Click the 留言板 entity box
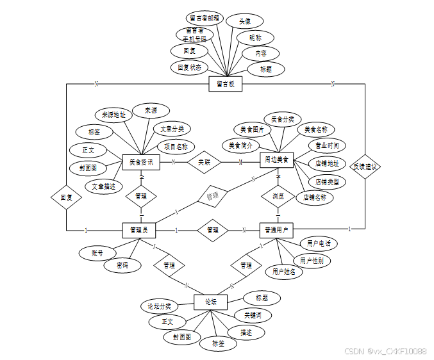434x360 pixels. [x=226, y=84]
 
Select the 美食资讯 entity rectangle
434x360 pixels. [x=140, y=162]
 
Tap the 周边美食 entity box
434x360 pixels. [x=277, y=159]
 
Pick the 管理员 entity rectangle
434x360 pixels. [x=139, y=229]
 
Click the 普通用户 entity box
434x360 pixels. [x=276, y=229]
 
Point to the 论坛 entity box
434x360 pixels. [x=211, y=302]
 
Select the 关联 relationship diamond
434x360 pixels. [x=204, y=162]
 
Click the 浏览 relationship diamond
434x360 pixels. [x=278, y=195]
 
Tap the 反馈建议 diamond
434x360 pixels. [x=365, y=167]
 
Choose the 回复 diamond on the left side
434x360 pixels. [x=67, y=198]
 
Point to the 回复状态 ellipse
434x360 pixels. [x=190, y=67]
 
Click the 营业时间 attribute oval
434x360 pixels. [x=327, y=145]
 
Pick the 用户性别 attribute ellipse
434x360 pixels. [x=312, y=261]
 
